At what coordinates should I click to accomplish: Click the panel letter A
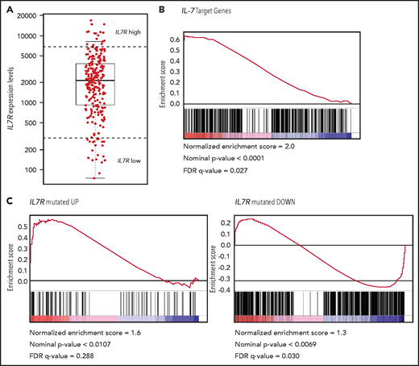8,8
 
